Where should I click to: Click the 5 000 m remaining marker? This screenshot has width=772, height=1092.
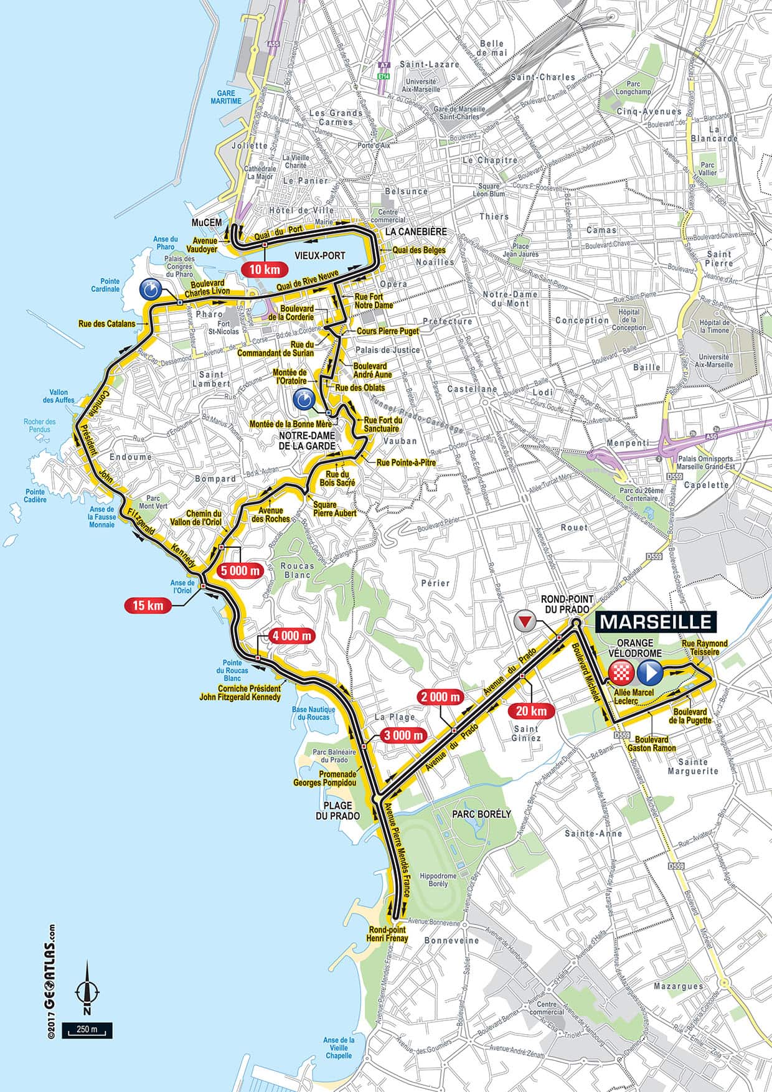tap(241, 570)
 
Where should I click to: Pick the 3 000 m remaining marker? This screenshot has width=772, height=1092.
tap(403, 735)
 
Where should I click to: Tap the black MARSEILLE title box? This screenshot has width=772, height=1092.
tap(656, 621)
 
